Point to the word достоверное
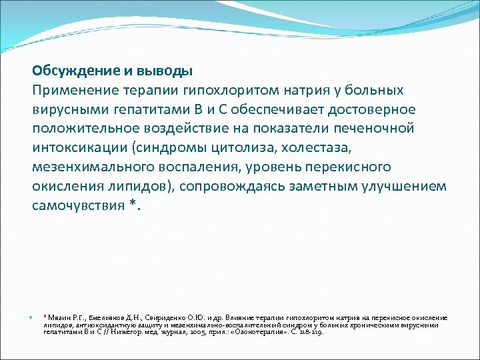pyautogui.click(x=373, y=109)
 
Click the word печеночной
pyautogui.click(x=377, y=128)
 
